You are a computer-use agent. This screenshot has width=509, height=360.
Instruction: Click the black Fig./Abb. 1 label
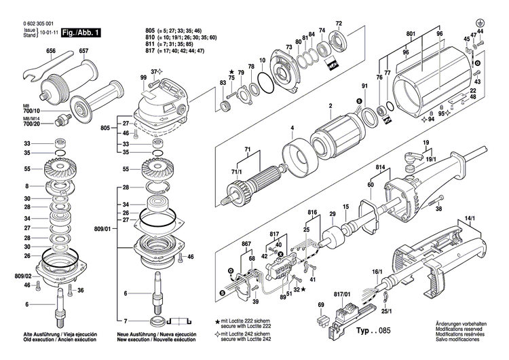click(x=81, y=33)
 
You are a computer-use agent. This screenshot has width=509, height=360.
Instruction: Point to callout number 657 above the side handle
click(x=83, y=52)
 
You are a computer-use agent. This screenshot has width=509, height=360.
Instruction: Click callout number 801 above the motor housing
click(x=411, y=34)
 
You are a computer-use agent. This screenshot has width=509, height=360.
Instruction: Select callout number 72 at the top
click(x=339, y=24)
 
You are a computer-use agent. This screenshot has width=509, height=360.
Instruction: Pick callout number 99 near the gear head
click(x=143, y=78)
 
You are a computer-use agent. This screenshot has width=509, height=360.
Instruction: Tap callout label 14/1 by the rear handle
click(x=470, y=219)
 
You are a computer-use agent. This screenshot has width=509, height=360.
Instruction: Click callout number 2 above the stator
click(x=330, y=105)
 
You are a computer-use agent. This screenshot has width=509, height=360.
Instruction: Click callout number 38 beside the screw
click(x=438, y=209)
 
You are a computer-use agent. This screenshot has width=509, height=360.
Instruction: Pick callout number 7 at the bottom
click(x=124, y=321)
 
